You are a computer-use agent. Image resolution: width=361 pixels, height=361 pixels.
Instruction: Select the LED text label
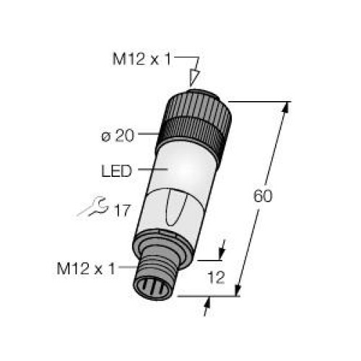tap(116, 170)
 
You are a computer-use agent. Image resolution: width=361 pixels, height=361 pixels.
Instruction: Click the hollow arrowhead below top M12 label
tap(193, 77)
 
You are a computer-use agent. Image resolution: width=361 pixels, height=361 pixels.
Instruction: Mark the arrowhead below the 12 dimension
tap(208, 306)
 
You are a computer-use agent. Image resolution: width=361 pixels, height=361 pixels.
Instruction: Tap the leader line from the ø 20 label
tap(147, 133)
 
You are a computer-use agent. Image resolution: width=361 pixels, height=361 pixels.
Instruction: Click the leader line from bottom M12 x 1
tap(127, 269)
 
